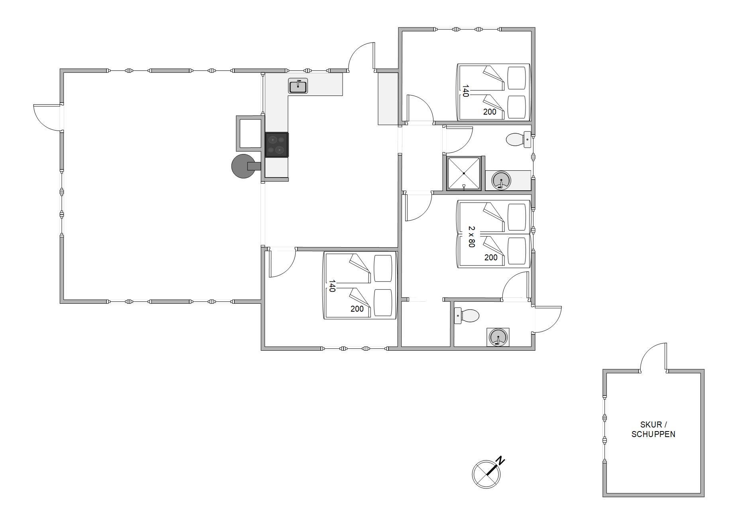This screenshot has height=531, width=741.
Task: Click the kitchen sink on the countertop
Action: pos(298,86)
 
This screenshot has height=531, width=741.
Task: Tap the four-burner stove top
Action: pos(277,145)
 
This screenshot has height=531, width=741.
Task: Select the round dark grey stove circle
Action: pos(243,166)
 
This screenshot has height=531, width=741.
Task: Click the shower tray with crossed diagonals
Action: pos(464,173)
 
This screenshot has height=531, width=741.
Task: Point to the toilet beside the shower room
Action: pos(518,139)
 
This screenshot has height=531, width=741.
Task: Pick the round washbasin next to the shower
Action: pos(501,180)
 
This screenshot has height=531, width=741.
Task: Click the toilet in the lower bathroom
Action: pos(467,316)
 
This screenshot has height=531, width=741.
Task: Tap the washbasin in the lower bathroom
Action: pos(498,337)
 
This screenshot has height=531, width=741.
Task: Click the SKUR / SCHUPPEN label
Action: pos(653,429)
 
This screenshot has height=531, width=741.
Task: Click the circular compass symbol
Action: pos(486,474)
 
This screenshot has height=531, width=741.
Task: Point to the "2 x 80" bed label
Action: pos(472,237)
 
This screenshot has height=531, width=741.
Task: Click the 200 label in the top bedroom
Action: pos(490,112)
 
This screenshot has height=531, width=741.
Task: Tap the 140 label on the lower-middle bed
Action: pos(332,286)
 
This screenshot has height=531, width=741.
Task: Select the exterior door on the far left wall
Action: pos(47,117)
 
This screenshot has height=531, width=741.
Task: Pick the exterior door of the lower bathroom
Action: pos(547,319)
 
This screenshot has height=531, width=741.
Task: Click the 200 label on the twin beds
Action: pos(491,258)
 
